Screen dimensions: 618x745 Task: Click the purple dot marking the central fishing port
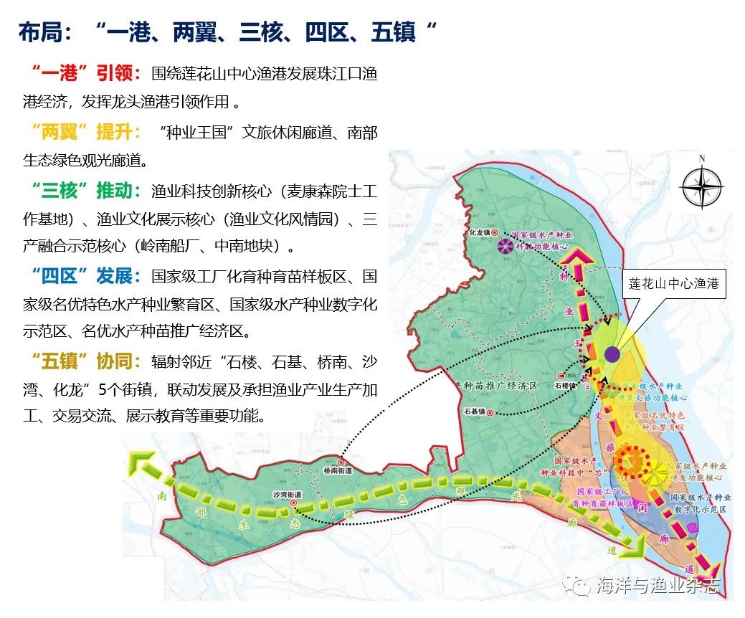click(612, 353)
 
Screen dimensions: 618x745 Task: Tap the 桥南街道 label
click(338, 471)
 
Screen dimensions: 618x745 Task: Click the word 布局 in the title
click(37, 32)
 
